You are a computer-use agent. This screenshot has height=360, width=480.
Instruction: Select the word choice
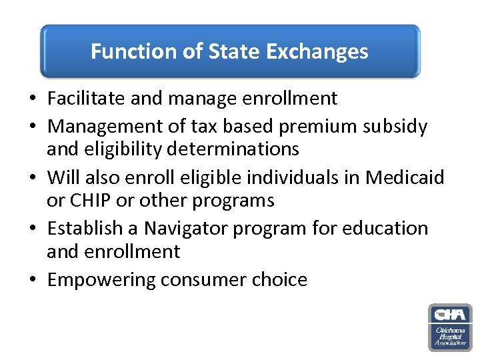pos(282,279)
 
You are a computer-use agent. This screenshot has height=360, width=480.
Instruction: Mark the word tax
pos(194,126)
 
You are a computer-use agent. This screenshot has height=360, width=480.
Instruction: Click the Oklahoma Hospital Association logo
pos(450,327)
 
